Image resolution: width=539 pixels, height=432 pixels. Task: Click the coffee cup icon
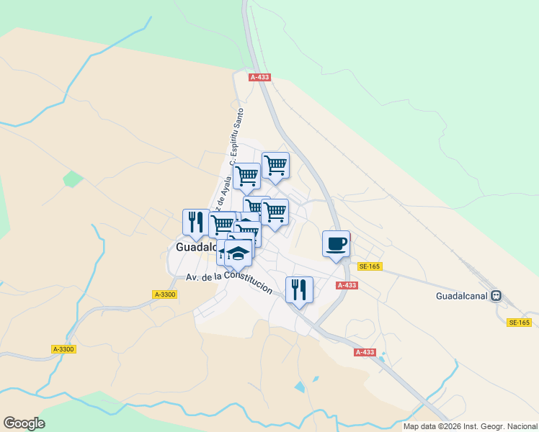[x=336, y=243]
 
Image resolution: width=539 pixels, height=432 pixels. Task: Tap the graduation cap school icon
[x=239, y=253]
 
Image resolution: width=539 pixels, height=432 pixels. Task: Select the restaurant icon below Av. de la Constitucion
[x=299, y=289]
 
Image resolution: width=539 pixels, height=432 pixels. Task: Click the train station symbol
[x=496, y=296]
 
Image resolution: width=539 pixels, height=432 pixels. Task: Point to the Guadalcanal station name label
[x=461, y=296]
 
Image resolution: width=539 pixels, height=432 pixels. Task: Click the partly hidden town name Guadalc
[x=196, y=247]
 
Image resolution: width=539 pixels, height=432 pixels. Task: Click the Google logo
[x=24, y=423]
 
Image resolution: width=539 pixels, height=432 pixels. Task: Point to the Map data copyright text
[x=471, y=426]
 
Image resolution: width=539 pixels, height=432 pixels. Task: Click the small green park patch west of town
[x=72, y=179]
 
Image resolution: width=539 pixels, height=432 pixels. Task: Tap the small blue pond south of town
[x=300, y=387]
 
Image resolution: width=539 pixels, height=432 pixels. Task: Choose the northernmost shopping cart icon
[x=275, y=165]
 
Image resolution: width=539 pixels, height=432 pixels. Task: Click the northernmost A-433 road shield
[x=259, y=77]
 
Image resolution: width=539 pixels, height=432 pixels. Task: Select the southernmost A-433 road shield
[x=365, y=352]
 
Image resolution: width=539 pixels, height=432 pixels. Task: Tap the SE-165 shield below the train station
[x=519, y=323]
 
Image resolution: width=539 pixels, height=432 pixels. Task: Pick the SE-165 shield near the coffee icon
[x=369, y=266]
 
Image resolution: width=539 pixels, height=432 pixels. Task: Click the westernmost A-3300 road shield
[x=63, y=349]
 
